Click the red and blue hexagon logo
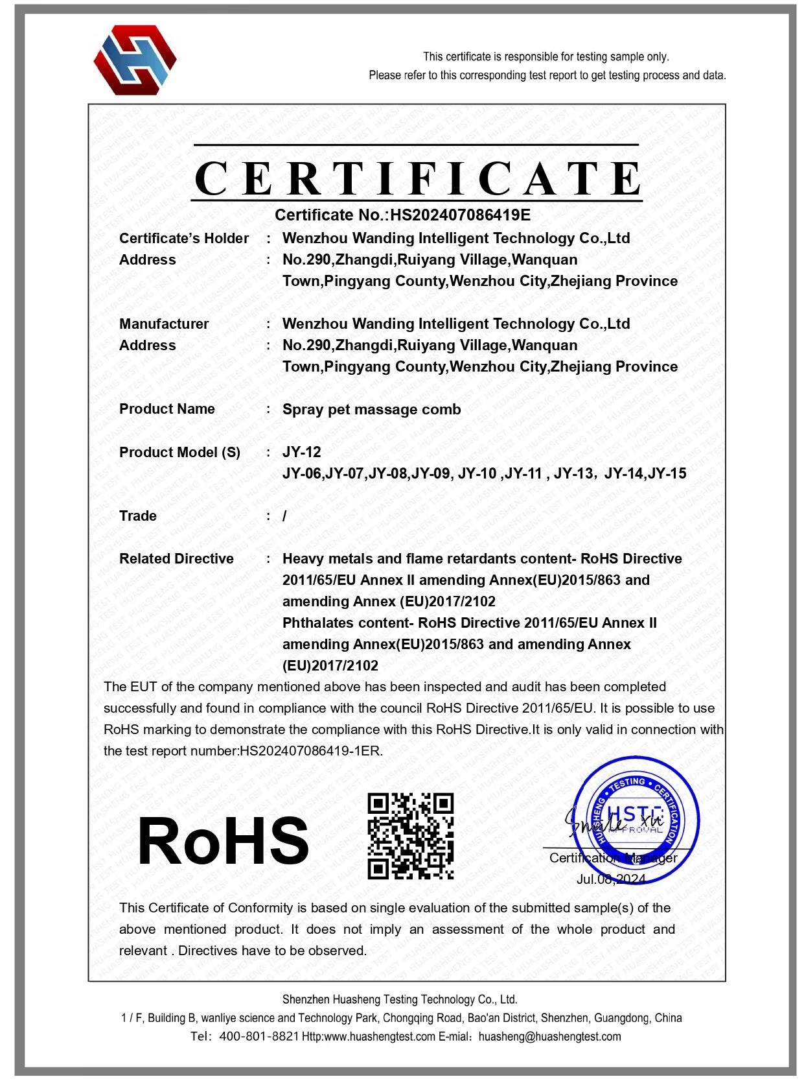[135, 60]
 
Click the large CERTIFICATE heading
[418, 179]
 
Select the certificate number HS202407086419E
[460, 215]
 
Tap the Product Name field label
[167, 409]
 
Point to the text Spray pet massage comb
[371, 410]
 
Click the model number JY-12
[301, 452]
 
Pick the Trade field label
[138, 516]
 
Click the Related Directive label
[176, 559]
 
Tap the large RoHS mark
[223, 841]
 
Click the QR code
[411, 836]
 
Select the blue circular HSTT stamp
[635, 820]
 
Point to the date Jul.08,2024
[611, 879]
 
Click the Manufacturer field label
[164, 324]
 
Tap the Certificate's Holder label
[184, 239]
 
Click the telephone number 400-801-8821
[259, 1036]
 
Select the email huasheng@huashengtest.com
[549, 1036]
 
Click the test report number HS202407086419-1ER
[310, 752]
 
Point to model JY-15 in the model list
[667, 474]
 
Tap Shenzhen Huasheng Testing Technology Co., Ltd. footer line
[400, 999]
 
